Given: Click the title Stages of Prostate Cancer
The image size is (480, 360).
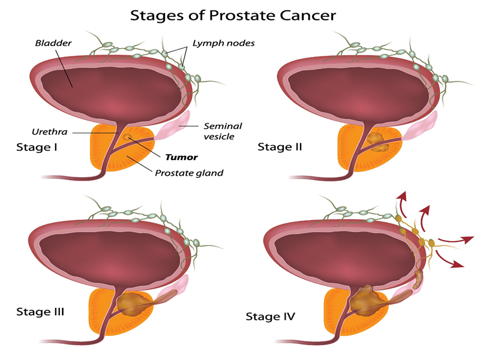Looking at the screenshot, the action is pyautogui.click(x=233, y=16).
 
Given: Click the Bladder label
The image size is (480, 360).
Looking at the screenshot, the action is pyautogui.click(x=53, y=43).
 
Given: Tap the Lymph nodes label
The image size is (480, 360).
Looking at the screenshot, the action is pyautogui.click(x=223, y=43).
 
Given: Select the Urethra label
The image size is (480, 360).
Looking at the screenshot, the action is pyautogui.click(x=50, y=131).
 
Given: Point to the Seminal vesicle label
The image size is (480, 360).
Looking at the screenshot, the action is pyautogui.click(x=223, y=131).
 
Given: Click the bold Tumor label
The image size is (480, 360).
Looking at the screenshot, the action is pyautogui.click(x=182, y=157).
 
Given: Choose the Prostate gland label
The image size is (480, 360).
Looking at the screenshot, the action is pyautogui.click(x=189, y=173).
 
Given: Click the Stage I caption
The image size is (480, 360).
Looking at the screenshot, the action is pyautogui.click(x=37, y=147).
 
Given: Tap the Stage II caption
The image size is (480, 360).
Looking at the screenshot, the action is pyautogui.click(x=280, y=147).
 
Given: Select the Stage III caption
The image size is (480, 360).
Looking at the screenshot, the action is pyautogui.click(x=40, y=311).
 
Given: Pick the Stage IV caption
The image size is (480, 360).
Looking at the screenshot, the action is pyautogui.click(x=271, y=316).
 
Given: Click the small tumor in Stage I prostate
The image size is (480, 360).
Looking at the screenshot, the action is pyautogui.click(x=127, y=137).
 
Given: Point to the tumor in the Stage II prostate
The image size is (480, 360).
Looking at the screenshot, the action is pyautogui.click(x=377, y=142).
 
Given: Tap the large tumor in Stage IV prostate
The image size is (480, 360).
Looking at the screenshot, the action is pyautogui.click(x=367, y=302).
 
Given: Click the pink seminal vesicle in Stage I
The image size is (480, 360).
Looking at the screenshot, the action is pyautogui.click(x=173, y=126).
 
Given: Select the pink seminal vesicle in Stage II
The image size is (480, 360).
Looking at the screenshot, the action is pyautogui.click(x=421, y=127).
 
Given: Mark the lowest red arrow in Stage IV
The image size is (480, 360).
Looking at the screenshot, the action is pyautogui.click(x=449, y=260).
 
